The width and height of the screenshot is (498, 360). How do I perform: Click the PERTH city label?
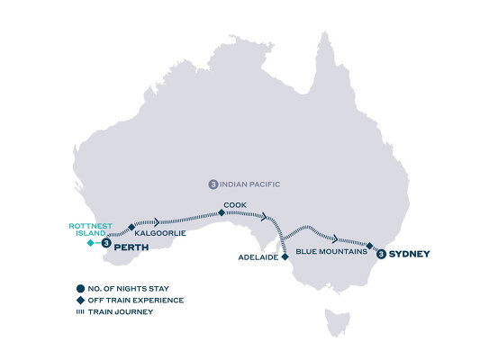[x=131, y=243]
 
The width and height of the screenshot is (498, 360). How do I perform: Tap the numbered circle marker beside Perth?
[x=107, y=243]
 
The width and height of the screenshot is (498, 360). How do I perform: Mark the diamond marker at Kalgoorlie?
[x=131, y=226]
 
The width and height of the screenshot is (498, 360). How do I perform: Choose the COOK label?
[x=233, y=205]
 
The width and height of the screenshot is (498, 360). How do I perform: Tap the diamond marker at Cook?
[x=222, y=213]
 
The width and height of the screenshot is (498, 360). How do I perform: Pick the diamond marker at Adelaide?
[x=285, y=256]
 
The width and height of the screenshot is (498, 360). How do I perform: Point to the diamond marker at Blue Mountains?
[x=370, y=244]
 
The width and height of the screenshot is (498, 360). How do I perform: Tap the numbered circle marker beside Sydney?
[x=383, y=255]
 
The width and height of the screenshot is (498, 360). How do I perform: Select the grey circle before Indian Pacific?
[x=213, y=184]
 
